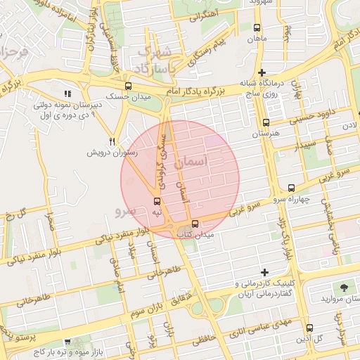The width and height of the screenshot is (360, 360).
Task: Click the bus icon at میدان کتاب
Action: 195,224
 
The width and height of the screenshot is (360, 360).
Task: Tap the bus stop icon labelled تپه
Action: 156,200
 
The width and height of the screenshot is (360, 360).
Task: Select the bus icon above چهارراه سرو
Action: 292,188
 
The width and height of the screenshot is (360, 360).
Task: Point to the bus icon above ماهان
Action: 257,28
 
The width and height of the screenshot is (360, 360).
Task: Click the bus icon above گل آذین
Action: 310,327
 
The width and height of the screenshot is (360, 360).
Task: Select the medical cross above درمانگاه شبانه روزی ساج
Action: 262,72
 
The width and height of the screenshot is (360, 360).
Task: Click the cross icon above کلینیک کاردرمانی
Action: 264,272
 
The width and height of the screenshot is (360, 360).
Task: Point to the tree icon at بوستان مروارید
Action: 344,288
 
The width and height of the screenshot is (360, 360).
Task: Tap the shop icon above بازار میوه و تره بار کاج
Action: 67,340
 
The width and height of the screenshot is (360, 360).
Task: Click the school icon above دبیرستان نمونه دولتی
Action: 67,94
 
